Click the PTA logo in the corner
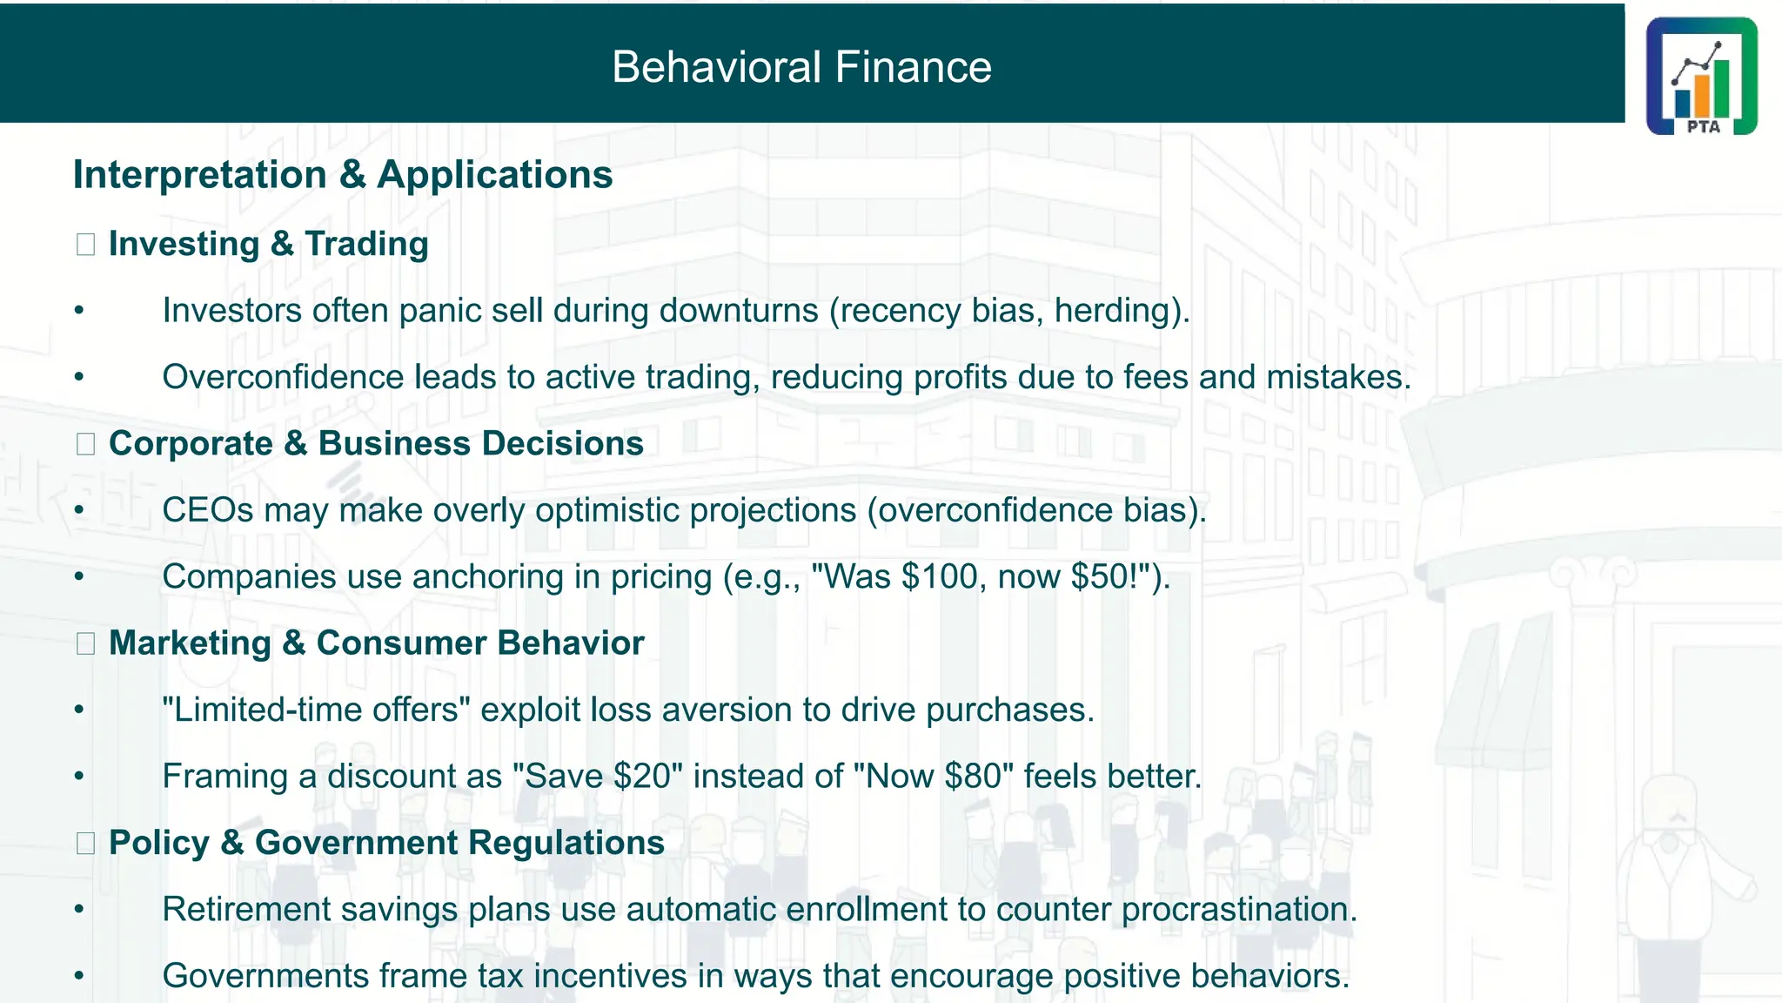[x=1701, y=76]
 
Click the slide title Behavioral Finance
[x=801, y=67]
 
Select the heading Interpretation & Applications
[x=343, y=175]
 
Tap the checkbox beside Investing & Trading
[x=85, y=245]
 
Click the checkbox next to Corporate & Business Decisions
[x=85, y=444]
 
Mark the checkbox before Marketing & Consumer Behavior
[x=85, y=643]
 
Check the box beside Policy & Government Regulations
[x=85, y=843]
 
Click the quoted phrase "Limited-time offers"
[x=316, y=710]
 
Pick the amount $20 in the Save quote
[x=642, y=777]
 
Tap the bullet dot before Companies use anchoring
[x=79, y=576]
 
